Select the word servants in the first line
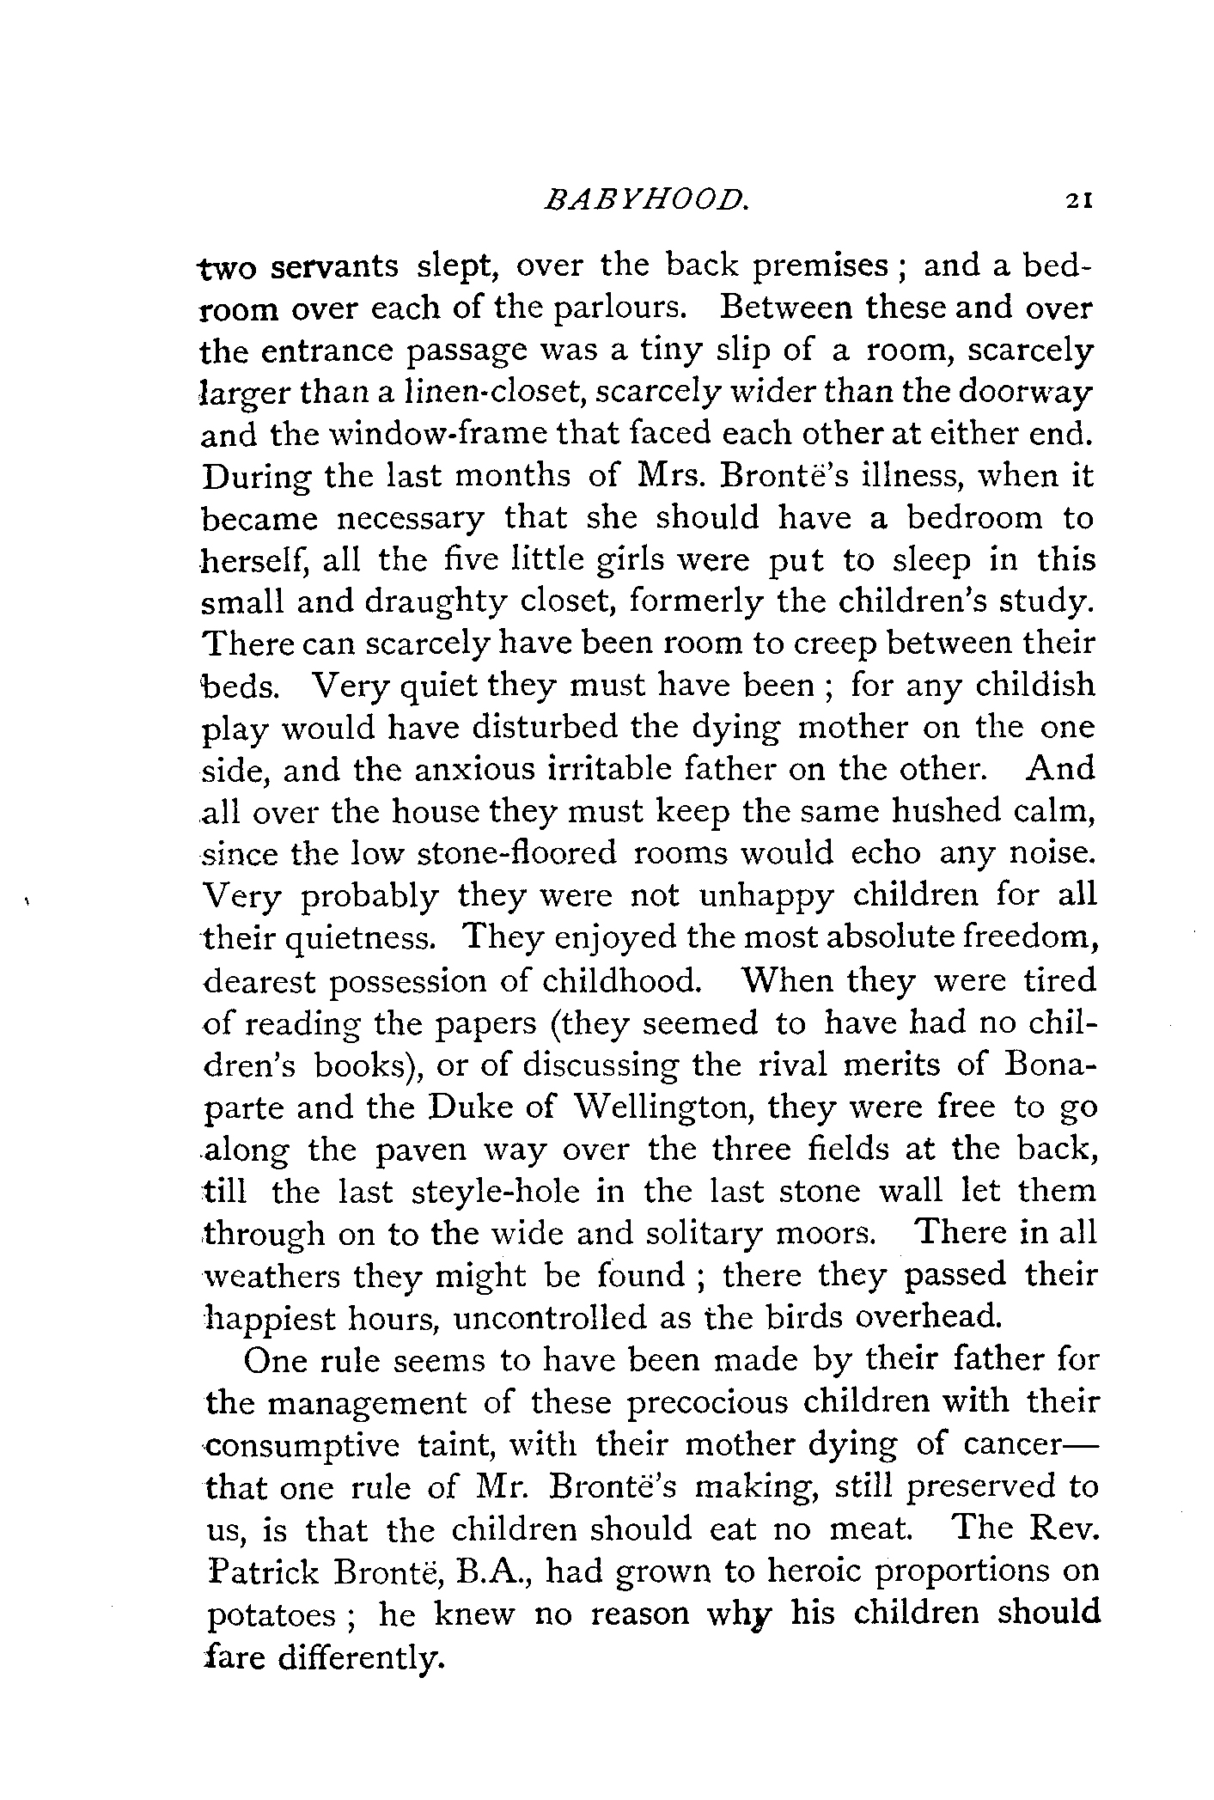pos(334,266)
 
